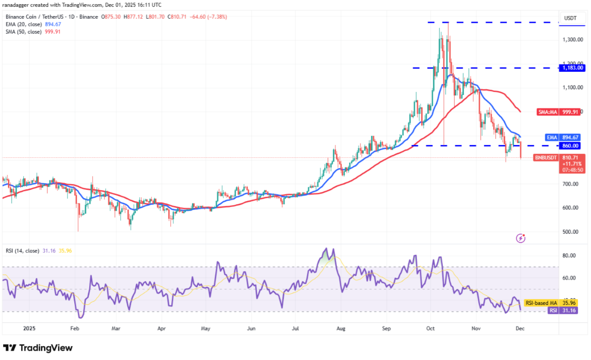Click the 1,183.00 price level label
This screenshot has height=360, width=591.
[572, 68]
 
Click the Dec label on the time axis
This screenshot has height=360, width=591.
[520, 328]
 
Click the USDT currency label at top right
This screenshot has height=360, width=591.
[570, 18]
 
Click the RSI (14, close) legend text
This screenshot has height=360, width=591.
[23, 251]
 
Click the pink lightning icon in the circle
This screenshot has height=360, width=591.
[520, 238]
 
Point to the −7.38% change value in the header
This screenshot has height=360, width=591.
[216, 17]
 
